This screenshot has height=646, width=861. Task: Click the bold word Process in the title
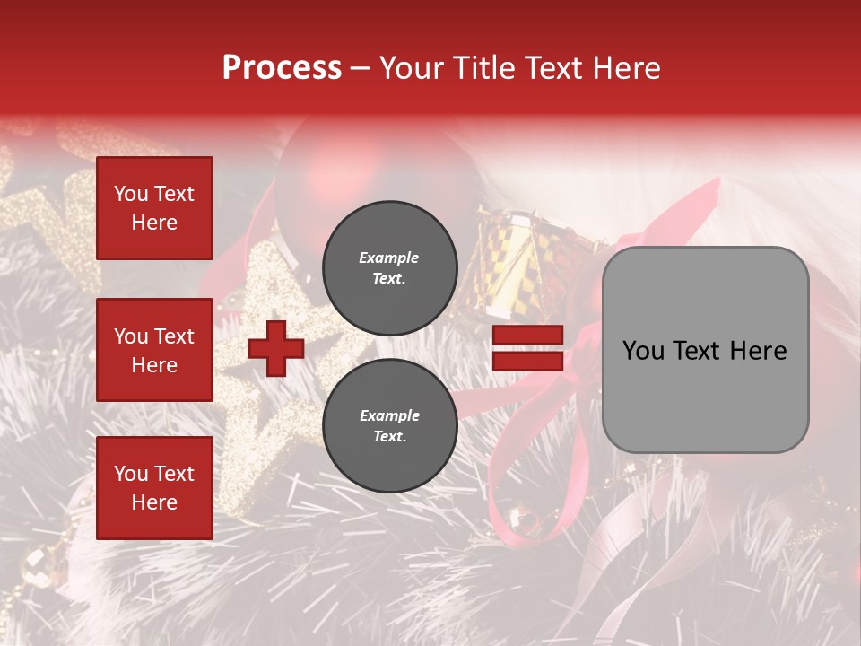[282, 68]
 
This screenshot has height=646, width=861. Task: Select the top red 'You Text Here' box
[154, 208]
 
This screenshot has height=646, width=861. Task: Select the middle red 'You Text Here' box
[154, 350]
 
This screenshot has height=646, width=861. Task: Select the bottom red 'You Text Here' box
[154, 488]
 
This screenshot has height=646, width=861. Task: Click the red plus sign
[276, 348]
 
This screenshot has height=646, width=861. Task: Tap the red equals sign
[527, 348]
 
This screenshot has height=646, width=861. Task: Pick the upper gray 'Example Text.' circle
[390, 267]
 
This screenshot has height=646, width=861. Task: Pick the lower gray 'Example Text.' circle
[390, 426]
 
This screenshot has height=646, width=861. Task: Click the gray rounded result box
[705, 350]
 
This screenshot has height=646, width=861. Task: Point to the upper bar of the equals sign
[527, 336]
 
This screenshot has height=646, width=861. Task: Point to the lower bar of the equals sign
[527, 361]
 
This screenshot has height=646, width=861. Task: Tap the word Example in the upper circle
[388, 258]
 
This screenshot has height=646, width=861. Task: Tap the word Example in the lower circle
[389, 415]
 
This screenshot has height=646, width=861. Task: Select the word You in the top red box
[131, 194]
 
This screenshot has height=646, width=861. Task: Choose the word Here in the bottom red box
[154, 502]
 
